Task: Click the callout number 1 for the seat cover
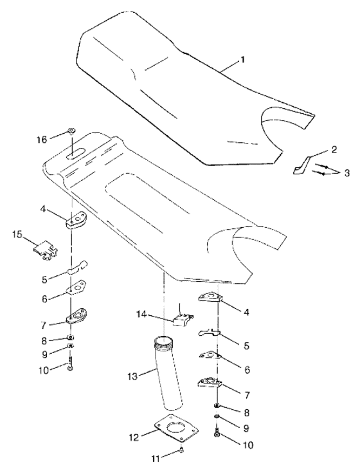[x=242, y=60]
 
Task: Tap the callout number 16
[x=42, y=139]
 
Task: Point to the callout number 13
[x=132, y=376]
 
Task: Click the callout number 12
[x=134, y=437]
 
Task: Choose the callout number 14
[x=142, y=315]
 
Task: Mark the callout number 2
[x=334, y=149]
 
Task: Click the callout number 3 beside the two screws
[x=346, y=173]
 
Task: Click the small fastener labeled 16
[x=72, y=131]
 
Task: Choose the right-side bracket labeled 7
[x=210, y=383]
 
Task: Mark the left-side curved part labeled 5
[x=77, y=268]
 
